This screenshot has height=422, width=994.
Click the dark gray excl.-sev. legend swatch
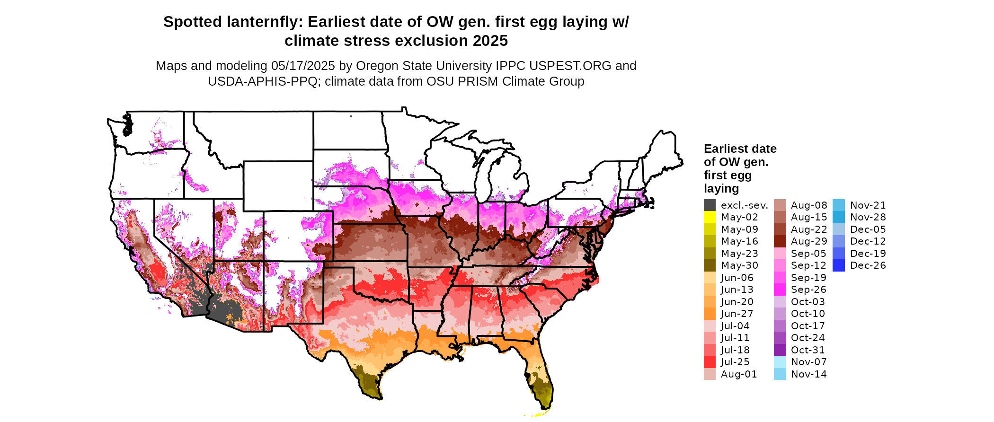710,205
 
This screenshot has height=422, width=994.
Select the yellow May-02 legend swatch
710,217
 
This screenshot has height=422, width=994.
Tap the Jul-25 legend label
735,362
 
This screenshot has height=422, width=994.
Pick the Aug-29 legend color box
780,241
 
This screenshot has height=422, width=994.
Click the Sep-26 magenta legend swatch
780,290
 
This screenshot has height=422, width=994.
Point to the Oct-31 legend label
808,350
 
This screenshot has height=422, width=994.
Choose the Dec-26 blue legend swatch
839,265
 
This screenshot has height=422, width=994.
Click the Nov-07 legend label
809,362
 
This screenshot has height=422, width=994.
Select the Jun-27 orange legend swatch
710,314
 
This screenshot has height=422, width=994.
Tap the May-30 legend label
739,265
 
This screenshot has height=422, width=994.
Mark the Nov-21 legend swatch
839,205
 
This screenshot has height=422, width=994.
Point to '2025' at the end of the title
490,41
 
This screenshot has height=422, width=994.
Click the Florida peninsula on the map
540,374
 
